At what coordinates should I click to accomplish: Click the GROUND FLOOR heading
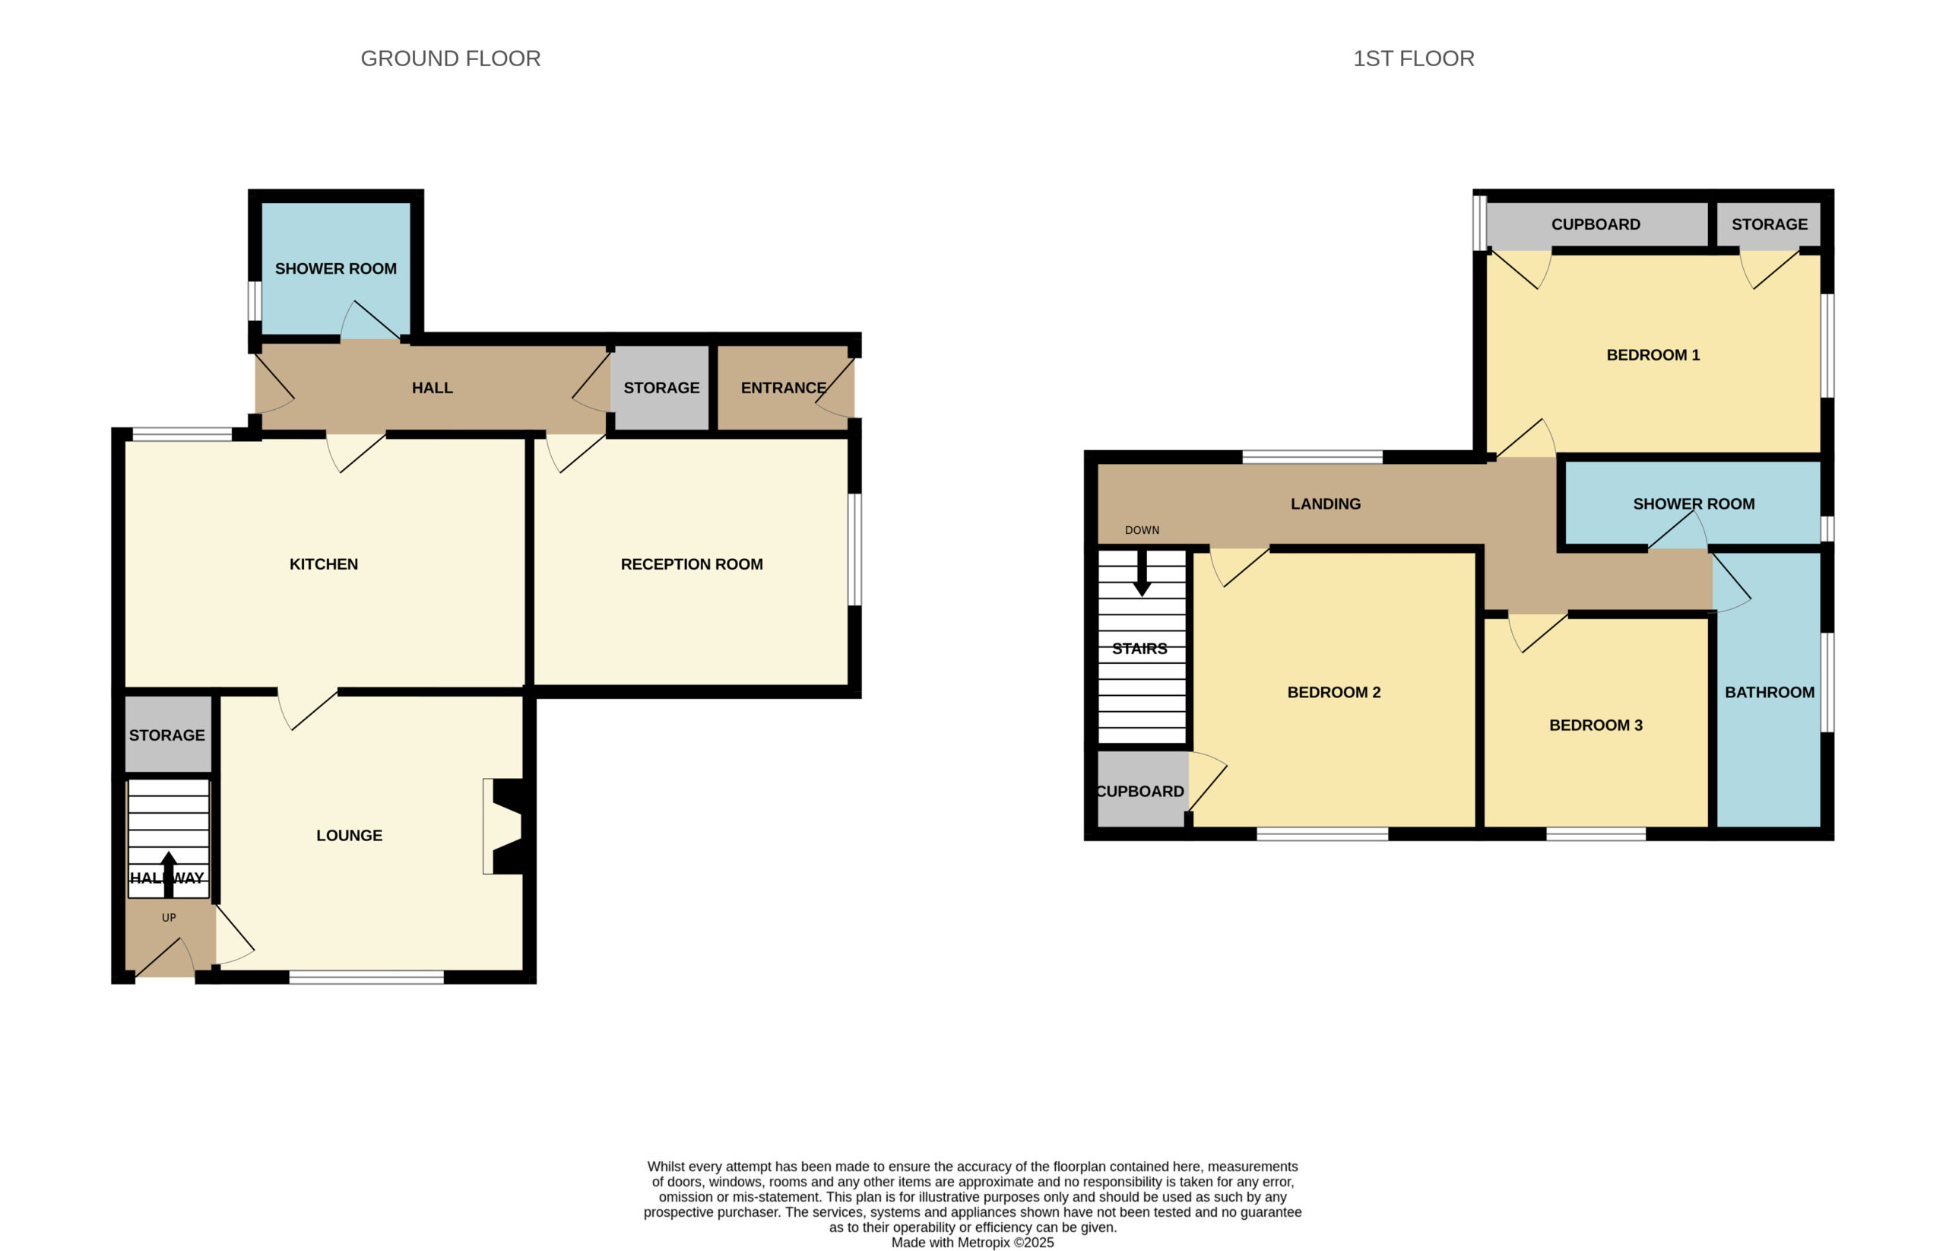[x=451, y=59]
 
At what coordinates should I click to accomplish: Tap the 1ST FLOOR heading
[x=1413, y=59]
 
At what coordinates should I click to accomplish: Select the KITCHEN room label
[x=324, y=564]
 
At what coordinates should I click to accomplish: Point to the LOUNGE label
[x=349, y=835]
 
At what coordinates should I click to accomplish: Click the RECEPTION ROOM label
[x=692, y=564]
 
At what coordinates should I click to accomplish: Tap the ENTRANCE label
[x=784, y=388]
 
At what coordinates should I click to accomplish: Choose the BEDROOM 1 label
[x=1653, y=355]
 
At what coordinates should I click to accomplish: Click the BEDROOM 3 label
[x=1596, y=726]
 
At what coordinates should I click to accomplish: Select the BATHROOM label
[x=1769, y=692]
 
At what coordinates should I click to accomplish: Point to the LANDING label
[x=1326, y=503]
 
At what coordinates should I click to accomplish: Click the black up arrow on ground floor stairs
[x=169, y=874]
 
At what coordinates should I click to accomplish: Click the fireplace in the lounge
[x=502, y=827]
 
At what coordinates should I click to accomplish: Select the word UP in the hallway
[x=169, y=918]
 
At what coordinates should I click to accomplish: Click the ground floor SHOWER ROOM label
[x=335, y=268]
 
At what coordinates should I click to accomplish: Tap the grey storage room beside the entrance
[x=660, y=388]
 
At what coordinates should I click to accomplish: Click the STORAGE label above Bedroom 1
[x=1769, y=224]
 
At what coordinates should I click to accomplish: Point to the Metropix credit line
[x=972, y=1243]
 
